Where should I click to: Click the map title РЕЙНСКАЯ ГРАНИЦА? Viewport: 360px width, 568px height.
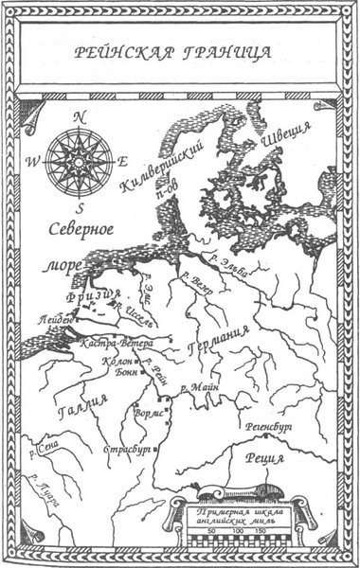click(179, 52)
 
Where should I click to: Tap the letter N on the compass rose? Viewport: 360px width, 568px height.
click(81, 116)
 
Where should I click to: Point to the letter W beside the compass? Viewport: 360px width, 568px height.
click(32, 162)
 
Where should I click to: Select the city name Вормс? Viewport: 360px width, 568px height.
click(148, 413)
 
